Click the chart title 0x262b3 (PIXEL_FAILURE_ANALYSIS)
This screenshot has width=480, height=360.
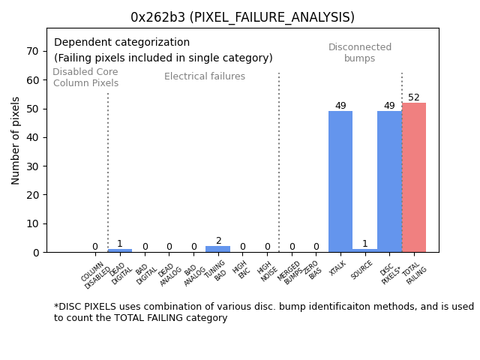pos(242,17)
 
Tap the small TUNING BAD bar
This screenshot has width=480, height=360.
pos(218,249)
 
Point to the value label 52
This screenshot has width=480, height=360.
pos(414,97)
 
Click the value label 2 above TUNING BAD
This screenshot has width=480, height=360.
pos(218,241)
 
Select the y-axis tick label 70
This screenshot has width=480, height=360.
pos(33,51)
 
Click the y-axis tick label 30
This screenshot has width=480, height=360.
pos(33,166)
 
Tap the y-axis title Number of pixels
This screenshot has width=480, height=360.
pos(16,140)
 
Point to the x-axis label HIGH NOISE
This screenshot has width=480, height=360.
pos(265,271)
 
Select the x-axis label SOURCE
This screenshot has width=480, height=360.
pos(362,270)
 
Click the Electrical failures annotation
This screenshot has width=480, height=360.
pos(205,76)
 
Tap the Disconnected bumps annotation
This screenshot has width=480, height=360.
pos(360,53)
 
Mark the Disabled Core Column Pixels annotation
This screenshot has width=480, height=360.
pos(85,77)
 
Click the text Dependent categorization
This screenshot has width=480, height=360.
pos(121,43)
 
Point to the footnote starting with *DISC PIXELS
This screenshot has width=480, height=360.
pos(263,312)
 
